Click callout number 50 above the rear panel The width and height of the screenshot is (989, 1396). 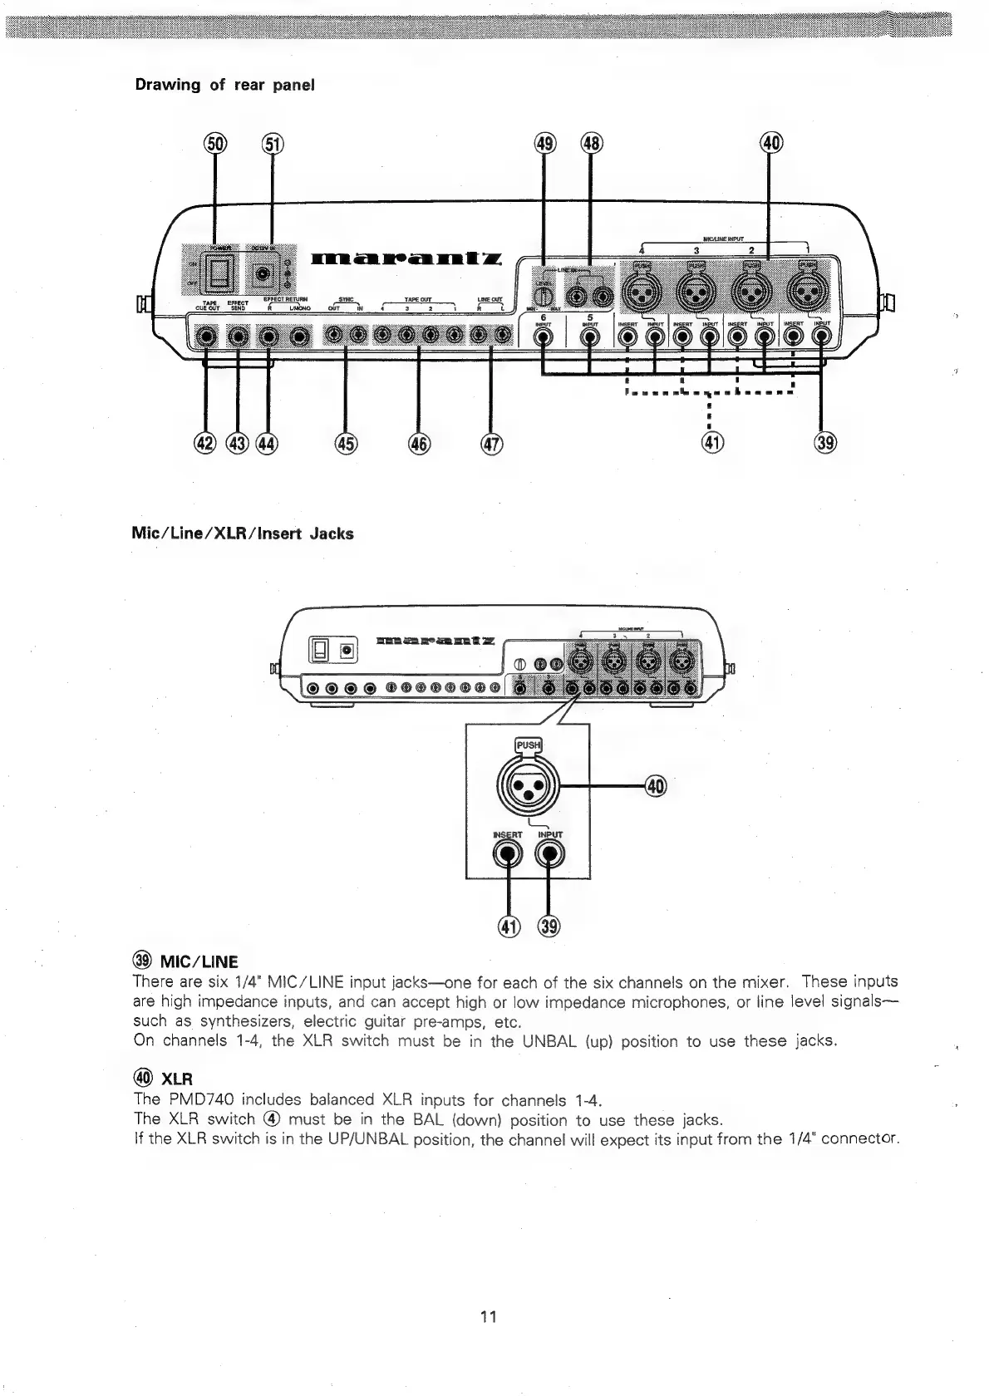point(215,144)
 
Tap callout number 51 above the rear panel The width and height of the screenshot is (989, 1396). point(273,144)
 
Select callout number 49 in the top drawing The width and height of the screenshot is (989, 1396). point(544,144)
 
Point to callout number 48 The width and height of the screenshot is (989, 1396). point(590,144)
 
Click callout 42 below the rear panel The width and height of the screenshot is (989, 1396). point(204,443)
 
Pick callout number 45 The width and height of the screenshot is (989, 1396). point(345,443)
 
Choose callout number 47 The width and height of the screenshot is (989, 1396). point(492,443)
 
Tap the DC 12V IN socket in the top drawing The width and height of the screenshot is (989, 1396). point(264,273)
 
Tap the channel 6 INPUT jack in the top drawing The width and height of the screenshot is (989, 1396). point(544,337)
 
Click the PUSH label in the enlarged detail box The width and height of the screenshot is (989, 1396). point(529,745)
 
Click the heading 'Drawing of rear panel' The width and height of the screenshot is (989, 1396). point(224,85)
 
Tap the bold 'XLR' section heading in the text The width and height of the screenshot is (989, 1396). point(176,1079)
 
